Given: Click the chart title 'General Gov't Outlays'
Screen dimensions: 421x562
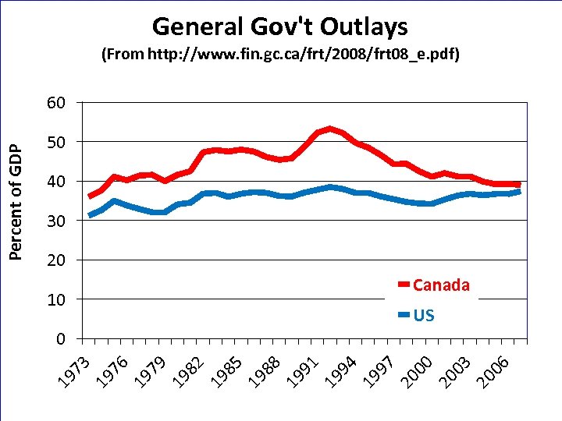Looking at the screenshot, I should [x=279, y=27].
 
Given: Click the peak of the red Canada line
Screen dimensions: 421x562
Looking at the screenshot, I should [x=330, y=129].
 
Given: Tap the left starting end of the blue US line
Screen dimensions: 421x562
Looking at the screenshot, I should [x=91, y=215].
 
